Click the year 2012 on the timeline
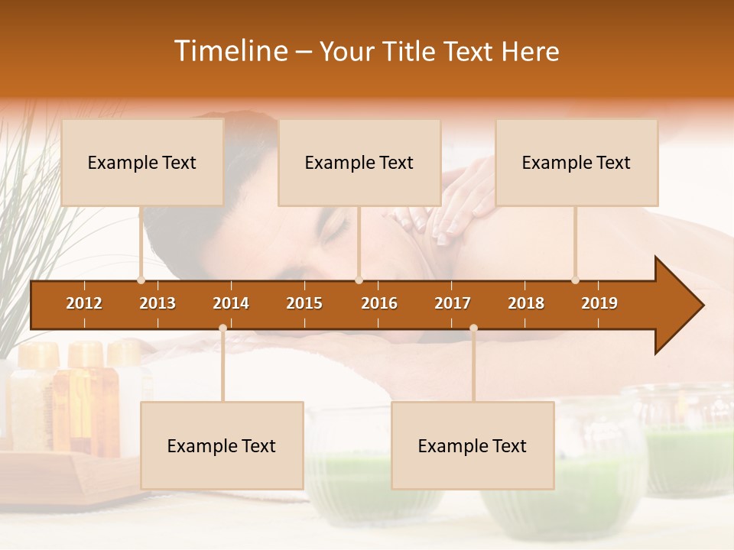pyautogui.click(x=84, y=303)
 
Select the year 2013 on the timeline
pyautogui.click(x=158, y=303)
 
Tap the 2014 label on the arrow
pyautogui.click(x=231, y=303)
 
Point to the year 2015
pyautogui.click(x=304, y=303)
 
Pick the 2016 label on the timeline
pyautogui.click(x=379, y=303)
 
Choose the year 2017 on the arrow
pyautogui.click(x=453, y=303)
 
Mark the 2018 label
pyautogui.click(x=526, y=303)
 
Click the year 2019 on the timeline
pyautogui.click(x=599, y=303)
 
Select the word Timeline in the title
pyautogui.click(x=230, y=51)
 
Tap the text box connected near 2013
pyautogui.click(x=142, y=162)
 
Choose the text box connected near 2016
pyautogui.click(x=359, y=162)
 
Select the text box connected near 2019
pyautogui.click(x=576, y=162)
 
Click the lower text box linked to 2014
pyautogui.click(x=222, y=445)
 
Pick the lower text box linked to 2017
pyautogui.click(x=473, y=445)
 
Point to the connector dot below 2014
pyautogui.click(x=222, y=328)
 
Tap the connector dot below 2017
pyautogui.click(x=473, y=328)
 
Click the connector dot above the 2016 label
pyautogui.click(x=359, y=280)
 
